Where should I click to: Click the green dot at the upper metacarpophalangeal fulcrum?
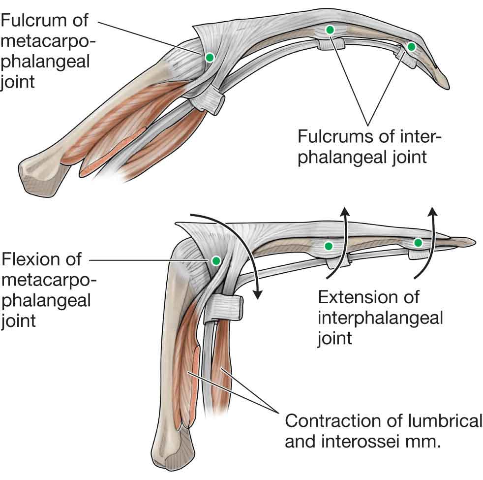(x=210, y=58)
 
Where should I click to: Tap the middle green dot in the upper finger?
(x=330, y=30)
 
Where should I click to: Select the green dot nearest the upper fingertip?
(x=412, y=47)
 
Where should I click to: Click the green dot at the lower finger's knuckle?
(x=215, y=260)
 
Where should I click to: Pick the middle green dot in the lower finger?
(x=329, y=246)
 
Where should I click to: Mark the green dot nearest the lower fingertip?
(x=418, y=242)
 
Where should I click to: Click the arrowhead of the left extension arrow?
(x=346, y=212)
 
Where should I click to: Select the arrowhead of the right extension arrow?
(x=433, y=212)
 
